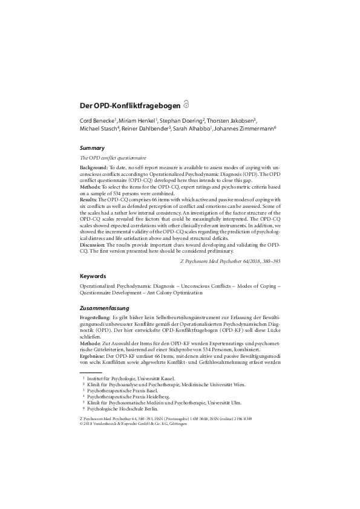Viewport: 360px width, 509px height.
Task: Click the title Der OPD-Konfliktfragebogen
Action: point(130,105)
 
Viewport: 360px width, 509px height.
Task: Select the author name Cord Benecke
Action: point(97,120)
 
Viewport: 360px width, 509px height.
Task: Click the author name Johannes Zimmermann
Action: point(249,128)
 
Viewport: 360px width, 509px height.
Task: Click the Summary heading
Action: point(92,148)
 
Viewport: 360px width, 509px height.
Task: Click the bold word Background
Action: point(94,166)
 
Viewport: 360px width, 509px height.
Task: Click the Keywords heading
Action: point(93,275)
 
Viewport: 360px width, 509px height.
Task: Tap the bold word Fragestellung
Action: point(95,317)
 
